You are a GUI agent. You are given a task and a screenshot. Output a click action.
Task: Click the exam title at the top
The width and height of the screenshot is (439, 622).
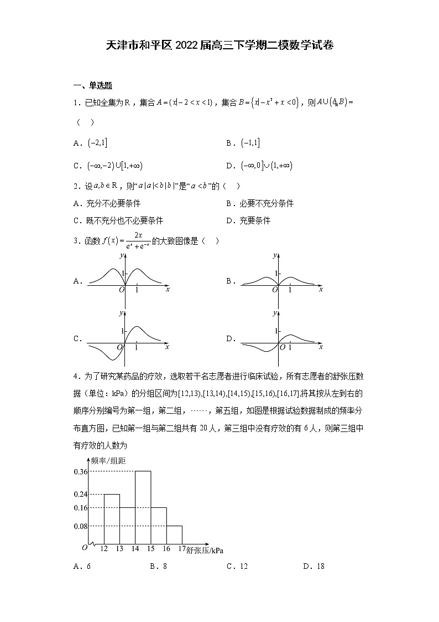219,45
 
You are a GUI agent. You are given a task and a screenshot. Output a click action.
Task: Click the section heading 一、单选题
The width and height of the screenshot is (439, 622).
93,85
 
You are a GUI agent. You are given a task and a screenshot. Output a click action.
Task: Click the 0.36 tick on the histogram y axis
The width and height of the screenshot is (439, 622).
81,471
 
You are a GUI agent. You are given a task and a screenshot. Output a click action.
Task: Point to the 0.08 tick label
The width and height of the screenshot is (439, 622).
81,526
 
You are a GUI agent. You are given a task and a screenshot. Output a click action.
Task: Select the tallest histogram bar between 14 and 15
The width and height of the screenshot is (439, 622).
143,507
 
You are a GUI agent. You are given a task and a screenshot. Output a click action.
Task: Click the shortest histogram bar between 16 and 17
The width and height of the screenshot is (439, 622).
174,534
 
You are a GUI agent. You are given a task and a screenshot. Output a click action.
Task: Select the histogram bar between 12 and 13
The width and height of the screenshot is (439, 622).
112,518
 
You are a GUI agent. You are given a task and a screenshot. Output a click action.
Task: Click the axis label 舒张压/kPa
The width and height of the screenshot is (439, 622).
206,550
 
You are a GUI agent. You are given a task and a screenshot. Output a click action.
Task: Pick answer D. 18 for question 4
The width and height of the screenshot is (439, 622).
313,566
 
